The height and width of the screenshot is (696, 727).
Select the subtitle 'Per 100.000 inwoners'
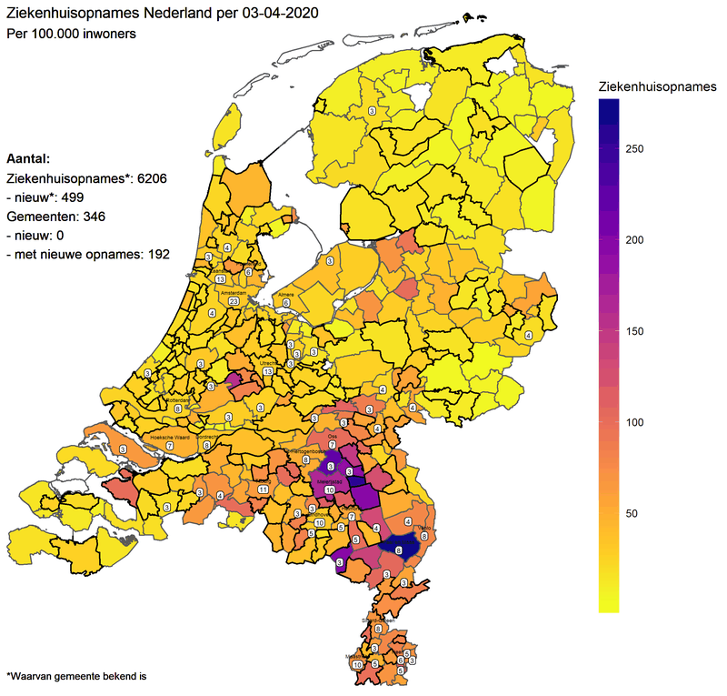[x=71, y=34]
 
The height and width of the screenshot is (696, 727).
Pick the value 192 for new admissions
[x=154, y=255]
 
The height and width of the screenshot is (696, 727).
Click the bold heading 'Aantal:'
[x=28, y=157]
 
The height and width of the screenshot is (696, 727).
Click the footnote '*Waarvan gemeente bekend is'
[x=76, y=677]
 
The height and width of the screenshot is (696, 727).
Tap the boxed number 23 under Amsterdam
[x=234, y=301]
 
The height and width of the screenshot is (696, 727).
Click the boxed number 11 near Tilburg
[x=263, y=489]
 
